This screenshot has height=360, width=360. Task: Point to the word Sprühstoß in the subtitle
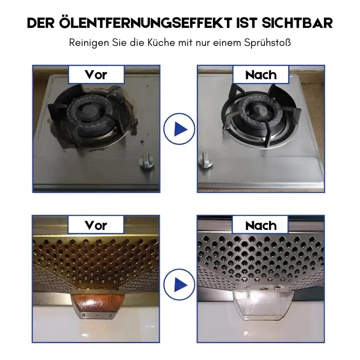pyautogui.click(x=268, y=44)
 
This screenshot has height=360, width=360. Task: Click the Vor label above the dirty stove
pyautogui.click(x=96, y=74)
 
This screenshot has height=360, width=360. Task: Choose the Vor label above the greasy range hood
pyautogui.click(x=96, y=225)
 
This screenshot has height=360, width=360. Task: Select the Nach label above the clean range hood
pyautogui.click(x=261, y=225)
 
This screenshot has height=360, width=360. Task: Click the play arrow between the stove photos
pyautogui.click(x=179, y=129)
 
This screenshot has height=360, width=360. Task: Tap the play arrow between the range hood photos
pyautogui.click(x=179, y=284)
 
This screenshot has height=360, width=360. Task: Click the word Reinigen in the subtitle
pyautogui.click(x=86, y=44)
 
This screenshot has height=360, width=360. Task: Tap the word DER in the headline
pyautogui.click(x=41, y=23)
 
